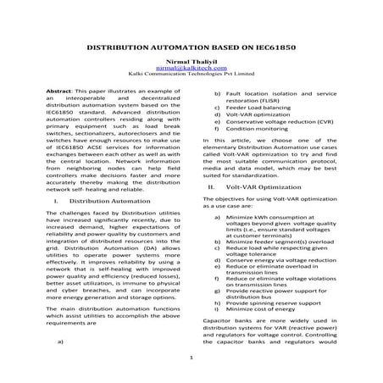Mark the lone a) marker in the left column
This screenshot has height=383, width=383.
click(x=60, y=341)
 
